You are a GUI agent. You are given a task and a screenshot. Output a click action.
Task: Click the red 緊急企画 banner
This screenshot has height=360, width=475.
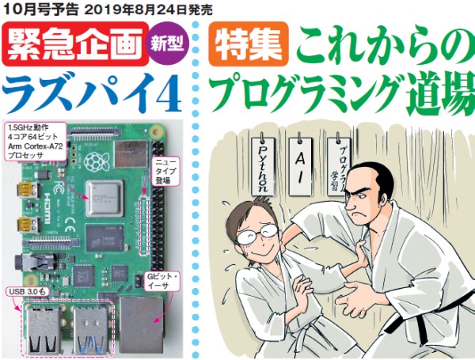pyautogui.click(x=75, y=44)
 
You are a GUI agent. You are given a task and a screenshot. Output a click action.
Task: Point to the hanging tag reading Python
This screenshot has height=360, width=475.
pyautogui.click(x=263, y=166)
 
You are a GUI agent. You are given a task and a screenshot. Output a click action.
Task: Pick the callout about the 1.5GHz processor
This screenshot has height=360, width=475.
pyautogui.click(x=36, y=141)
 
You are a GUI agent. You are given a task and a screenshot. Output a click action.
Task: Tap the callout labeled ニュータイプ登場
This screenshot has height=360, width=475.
pyautogui.click(x=165, y=172)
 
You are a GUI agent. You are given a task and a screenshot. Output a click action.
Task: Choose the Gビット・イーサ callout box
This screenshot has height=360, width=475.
pyautogui.click(x=161, y=281)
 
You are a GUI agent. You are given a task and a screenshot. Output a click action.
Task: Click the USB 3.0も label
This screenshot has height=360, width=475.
pyautogui.click(x=27, y=292)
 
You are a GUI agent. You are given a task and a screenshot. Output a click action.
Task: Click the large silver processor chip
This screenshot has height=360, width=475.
pyautogui.click(x=104, y=199)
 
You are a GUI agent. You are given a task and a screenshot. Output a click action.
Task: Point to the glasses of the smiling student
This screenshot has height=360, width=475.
pyautogui.click(x=257, y=233)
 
